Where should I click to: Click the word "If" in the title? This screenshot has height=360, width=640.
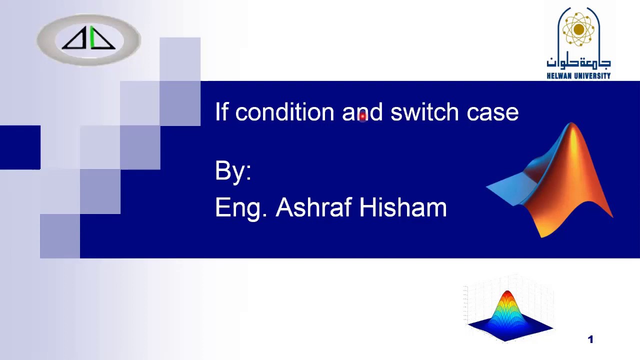tap(221, 112)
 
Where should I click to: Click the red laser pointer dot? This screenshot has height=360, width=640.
tap(363, 116)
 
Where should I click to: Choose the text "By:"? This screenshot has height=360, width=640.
tap(233, 171)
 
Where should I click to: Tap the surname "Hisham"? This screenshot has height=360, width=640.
tap(403, 207)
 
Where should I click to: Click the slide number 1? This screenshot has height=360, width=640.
tap(590, 340)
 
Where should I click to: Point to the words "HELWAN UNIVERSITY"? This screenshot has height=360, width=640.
tap(578, 76)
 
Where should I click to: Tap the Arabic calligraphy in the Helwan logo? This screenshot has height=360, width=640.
tap(578, 62)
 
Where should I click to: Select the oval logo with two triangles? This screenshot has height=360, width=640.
tap(88, 39)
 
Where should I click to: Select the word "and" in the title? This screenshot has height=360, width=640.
tap(362, 112)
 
